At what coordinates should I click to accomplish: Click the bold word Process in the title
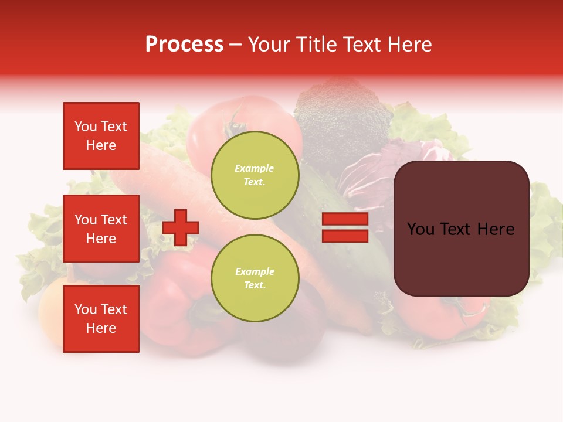point(184,45)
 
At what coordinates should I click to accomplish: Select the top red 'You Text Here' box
point(101,136)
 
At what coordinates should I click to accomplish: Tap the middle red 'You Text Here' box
point(101,229)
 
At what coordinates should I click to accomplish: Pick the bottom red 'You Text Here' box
point(101,318)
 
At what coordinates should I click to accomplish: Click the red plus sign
point(181,227)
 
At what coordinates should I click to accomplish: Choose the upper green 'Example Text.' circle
point(255,175)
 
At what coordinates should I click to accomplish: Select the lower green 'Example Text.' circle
point(255,278)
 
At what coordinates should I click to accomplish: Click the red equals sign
point(345,227)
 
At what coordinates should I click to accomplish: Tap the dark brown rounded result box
point(461,229)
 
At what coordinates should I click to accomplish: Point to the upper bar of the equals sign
point(345,219)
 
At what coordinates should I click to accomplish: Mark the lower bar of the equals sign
point(345,236)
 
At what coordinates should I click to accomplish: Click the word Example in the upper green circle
point(255,168)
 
